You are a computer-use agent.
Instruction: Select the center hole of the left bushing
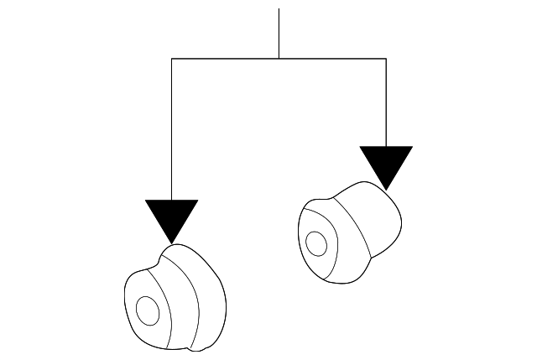point(148,310)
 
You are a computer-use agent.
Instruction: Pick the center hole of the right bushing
point(316,243)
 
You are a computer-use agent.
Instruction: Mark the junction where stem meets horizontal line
point(279,58)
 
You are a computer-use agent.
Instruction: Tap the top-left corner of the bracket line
point(171,58)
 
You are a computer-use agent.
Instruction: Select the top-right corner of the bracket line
point(386,58)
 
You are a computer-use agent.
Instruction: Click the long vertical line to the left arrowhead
point(171,126)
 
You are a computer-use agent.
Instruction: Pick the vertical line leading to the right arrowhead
point(386,101)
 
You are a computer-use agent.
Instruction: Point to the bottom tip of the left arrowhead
point(171,243)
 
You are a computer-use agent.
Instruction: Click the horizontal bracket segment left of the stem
point(225,58)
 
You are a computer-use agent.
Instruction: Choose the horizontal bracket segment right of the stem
point(332,58)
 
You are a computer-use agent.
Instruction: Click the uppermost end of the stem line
point(279,9)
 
